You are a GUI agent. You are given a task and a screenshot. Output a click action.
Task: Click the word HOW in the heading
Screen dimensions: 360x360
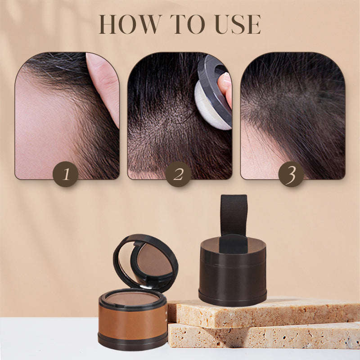click(129, 24)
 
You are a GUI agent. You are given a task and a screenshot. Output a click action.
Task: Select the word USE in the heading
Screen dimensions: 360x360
click(238, 24)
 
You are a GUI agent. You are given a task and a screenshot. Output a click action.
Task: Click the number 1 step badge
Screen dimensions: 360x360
click(66, 174)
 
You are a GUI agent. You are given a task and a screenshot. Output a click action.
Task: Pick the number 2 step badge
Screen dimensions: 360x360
click(178, 174)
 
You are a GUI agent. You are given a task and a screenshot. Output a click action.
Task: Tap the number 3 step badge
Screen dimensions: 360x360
click(291, 174)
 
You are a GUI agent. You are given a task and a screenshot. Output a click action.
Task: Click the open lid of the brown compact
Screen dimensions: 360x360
click(145, 263)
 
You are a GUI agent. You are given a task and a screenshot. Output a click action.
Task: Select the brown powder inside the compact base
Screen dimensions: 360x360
click(132, 298)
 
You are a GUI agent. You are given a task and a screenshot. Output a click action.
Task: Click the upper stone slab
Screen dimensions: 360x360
click(262, 312)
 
